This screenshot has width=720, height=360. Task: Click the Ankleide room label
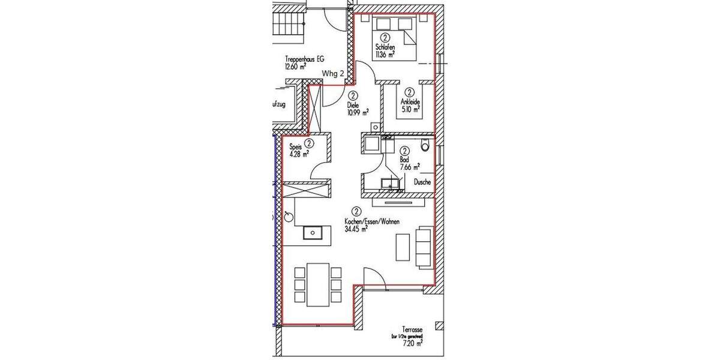click(x=410, y=103)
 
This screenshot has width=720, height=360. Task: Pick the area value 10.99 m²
click(x=357, y=112)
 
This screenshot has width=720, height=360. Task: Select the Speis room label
click(x=295, y=146)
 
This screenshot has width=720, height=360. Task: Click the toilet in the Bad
click(x=425, y=145)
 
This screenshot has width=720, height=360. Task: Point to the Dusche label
click(x=422, y=182)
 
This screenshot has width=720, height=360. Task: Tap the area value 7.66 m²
click(x=409, y=167)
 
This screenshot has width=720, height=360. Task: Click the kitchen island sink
click(x=312, y=232)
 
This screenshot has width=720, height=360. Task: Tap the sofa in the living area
click(x=424, y=247)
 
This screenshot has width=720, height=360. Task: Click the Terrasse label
click(x=413, y=330)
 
